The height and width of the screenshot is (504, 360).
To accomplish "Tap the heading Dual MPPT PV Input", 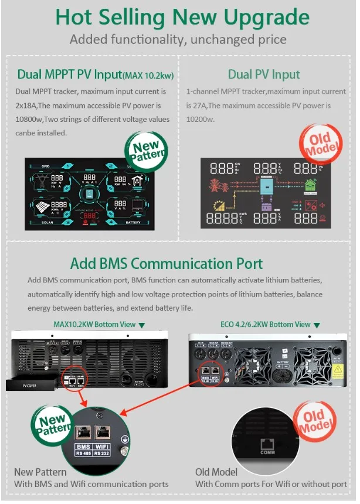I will [69, 74].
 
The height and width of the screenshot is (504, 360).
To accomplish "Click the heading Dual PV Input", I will [263, 74].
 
